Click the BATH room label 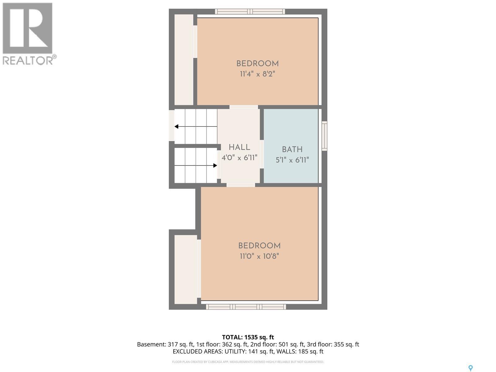pyautogui.click(x=292, y=149)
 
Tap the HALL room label pyautogui.click(x=239, y=147)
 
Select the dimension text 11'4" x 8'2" pyautogui.click(x=257, y=74)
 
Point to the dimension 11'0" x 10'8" pyautogui.click(x=259, y=256)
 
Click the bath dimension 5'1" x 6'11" pyautogui.click(x=292, y=160)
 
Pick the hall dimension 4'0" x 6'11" pyautogui.click(x=239, y=158)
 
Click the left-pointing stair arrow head pyautogui.click(x=176, y=126)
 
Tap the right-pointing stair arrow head pyautogui.click(x=215, y=166)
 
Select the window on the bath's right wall pyautogui.click(x=324, y=136)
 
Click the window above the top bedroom pyautogui.click(x=250, y=11)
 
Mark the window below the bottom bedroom pyautogui.click(x=246, y=307)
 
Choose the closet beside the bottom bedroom pyautogui.click(x=186, y=269)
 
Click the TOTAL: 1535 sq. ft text pyautogui.click(x=248, y=337)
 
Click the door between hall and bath pyautogui.click(x=262, y=154)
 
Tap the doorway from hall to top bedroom pyautogui.click(x=244, y=107)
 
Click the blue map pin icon pyautogui.click(x=470, y=368)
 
